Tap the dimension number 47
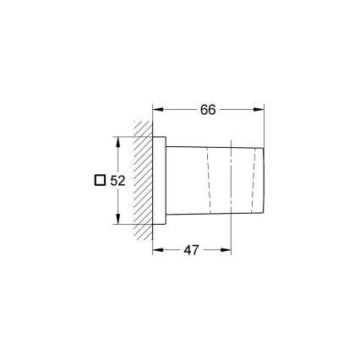click(192, 251)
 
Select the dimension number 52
click(118, 180)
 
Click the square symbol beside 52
click(101, 180)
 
